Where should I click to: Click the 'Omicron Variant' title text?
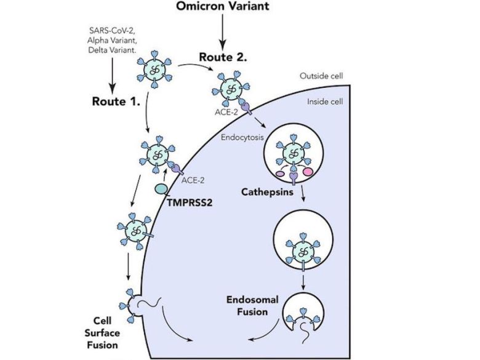[223, 8]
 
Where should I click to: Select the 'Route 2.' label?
[223, 58]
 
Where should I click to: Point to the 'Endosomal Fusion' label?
[252, 305]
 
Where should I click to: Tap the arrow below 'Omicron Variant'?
[223, 33]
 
